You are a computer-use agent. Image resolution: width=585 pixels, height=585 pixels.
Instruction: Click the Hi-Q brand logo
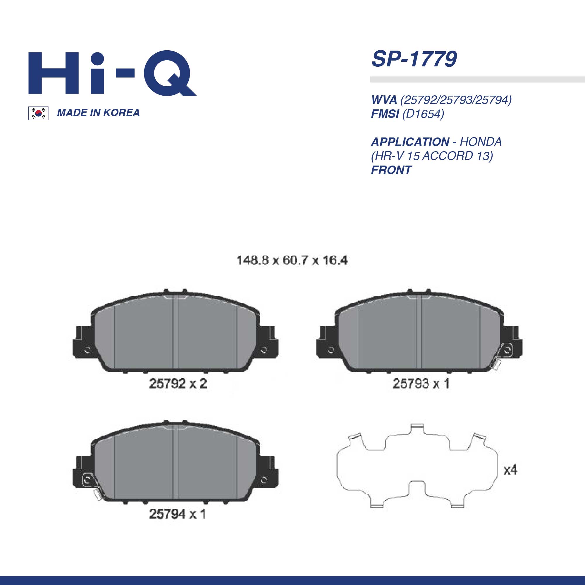(112, 73)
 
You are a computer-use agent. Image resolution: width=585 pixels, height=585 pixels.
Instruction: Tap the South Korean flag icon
(38, 113)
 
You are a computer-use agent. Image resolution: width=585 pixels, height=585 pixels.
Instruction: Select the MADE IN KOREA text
(98, 113)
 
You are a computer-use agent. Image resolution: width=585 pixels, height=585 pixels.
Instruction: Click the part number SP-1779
(414, 59)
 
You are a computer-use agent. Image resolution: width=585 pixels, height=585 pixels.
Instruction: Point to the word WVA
(384, 100)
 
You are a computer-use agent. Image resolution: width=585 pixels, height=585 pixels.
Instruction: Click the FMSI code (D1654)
(423, 114)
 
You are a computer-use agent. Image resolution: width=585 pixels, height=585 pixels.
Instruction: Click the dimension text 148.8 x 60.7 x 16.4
(292, 260)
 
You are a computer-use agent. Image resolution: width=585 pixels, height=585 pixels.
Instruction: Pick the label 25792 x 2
(178, 384)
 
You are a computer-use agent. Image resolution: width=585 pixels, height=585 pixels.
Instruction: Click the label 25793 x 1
(421, 384)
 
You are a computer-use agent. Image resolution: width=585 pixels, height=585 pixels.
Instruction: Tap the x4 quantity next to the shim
(510, 470)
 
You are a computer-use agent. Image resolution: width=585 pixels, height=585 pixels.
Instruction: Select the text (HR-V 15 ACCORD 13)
(432, 156)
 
